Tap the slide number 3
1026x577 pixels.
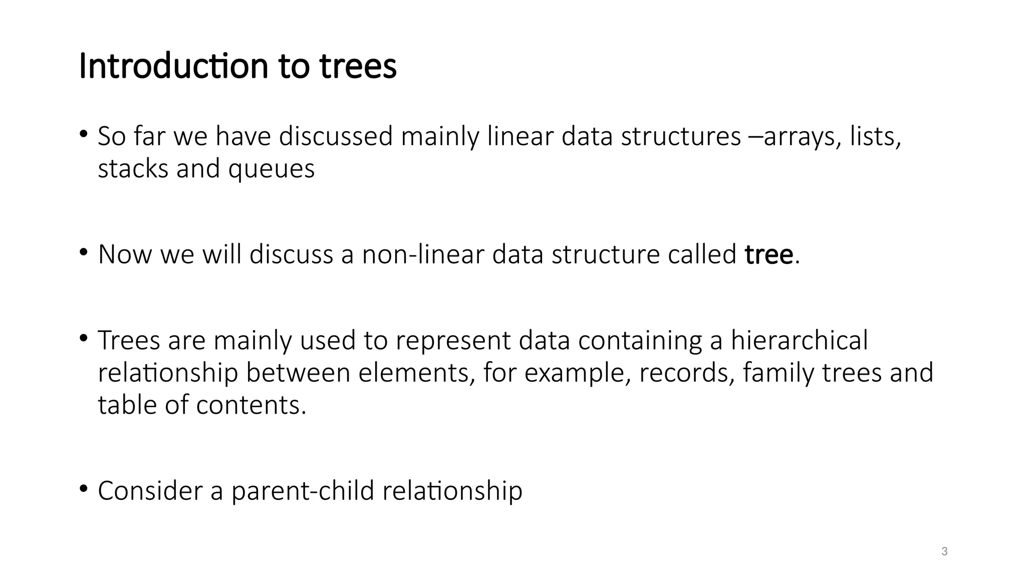944,551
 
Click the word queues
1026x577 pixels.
272,169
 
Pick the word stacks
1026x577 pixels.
133,169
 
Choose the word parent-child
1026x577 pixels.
303,490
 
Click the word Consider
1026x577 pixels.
150,490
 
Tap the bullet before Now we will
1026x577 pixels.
83,251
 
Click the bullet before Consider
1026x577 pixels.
83,487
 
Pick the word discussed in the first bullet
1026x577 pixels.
335,136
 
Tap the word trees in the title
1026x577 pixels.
358,66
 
